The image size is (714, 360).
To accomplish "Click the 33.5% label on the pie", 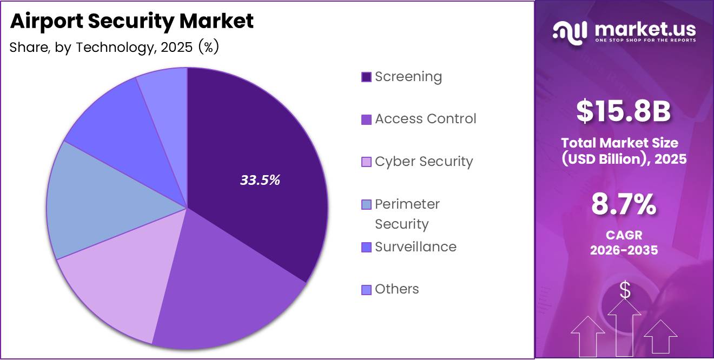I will [260, 181].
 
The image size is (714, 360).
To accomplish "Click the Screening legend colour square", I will [366, 77].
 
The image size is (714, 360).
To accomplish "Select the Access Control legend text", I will [426, 119].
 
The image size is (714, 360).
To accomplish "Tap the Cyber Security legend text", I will [424, 162].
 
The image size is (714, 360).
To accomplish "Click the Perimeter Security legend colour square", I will [366, 205].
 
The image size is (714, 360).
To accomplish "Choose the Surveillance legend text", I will [415, 247].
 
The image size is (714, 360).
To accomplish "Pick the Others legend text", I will [397, 289].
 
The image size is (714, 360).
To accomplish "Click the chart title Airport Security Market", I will [131, 21].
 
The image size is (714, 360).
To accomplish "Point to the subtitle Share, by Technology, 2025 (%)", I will [114, 48].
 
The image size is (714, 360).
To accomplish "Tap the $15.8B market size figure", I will [624, 111].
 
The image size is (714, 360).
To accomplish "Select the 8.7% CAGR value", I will [624, 205].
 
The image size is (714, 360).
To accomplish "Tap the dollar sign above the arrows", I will [625, 290].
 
